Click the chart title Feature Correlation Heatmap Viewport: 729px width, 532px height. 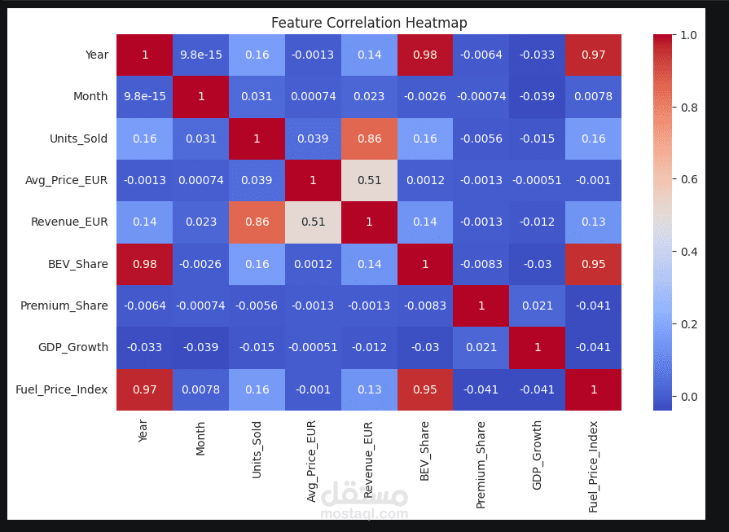click(369, 23)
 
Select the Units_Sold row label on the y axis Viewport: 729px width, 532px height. click(78, 138)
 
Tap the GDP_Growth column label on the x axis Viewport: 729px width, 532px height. click(537, 467)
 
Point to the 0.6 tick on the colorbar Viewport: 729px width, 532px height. click(688, 179)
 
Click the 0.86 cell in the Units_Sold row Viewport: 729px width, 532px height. click(369, 138)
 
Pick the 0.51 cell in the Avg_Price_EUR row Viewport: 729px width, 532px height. click(369, 180)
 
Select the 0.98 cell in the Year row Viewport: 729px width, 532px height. click(425, 55)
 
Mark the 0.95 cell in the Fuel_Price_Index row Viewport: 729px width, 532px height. click(425, 389)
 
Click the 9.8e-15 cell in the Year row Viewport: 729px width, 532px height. click(200, 55)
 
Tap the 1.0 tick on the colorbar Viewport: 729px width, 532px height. click(688, 35)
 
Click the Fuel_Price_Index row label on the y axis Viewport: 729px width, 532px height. click(62, 389)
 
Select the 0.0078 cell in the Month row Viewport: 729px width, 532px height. click(593, 96)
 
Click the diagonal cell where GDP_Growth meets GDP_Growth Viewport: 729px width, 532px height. click(538, 347)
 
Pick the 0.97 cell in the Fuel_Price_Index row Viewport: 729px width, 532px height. click(144, 389)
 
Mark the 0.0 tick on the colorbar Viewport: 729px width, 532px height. click(688, 397)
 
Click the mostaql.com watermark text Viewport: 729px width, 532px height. click(364, 514)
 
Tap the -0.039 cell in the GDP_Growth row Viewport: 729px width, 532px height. click(200, 347)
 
